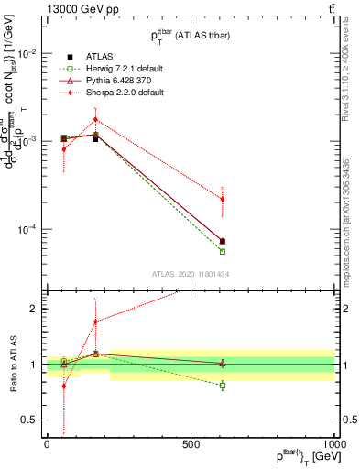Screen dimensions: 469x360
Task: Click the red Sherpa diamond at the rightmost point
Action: pos(223,199)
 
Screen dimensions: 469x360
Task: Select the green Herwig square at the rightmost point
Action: pos(223,251)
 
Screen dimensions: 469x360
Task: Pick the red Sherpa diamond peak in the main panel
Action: pos(95,119)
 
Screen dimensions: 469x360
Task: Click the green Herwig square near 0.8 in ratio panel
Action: pos(223,386)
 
